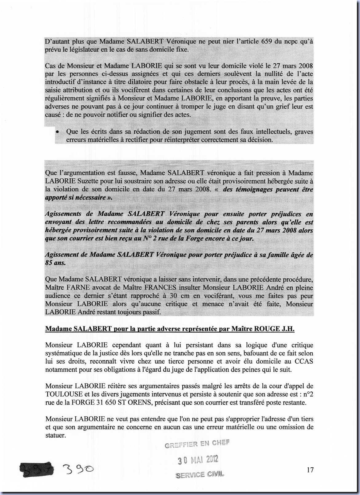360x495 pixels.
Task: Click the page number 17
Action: point(310,470)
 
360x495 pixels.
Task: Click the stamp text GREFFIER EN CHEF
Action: point(197,444)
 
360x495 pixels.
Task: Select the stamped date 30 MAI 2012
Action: point(198,460)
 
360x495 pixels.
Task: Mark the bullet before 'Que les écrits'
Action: point(57,132)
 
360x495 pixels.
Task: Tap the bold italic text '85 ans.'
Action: point(55,263)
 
